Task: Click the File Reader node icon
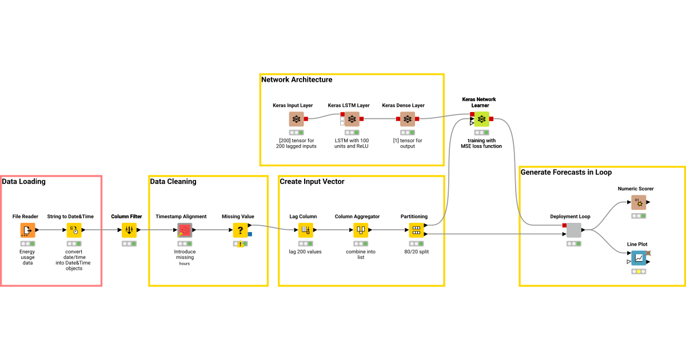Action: [27, 230]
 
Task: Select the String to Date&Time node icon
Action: [74, 230]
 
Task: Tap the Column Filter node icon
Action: [129, 230]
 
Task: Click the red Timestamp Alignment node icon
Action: [185, 230]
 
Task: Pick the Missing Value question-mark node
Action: [240, 230]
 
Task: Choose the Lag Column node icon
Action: [305, 230]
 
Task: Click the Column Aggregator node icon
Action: [360, 230]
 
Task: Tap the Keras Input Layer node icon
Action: [296, 119]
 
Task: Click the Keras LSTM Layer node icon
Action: [351, 119]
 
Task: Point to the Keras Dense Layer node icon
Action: [407, 119]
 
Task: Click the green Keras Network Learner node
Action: [481, 119]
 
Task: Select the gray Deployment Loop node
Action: [574, 230]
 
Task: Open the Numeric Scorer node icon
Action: [639, 202]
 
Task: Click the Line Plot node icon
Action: [639, 258]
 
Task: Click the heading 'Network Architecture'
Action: [297, 79]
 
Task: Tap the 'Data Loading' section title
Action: [23, 182]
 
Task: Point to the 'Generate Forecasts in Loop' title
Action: [566, 172]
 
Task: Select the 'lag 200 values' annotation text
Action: [305, 251]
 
